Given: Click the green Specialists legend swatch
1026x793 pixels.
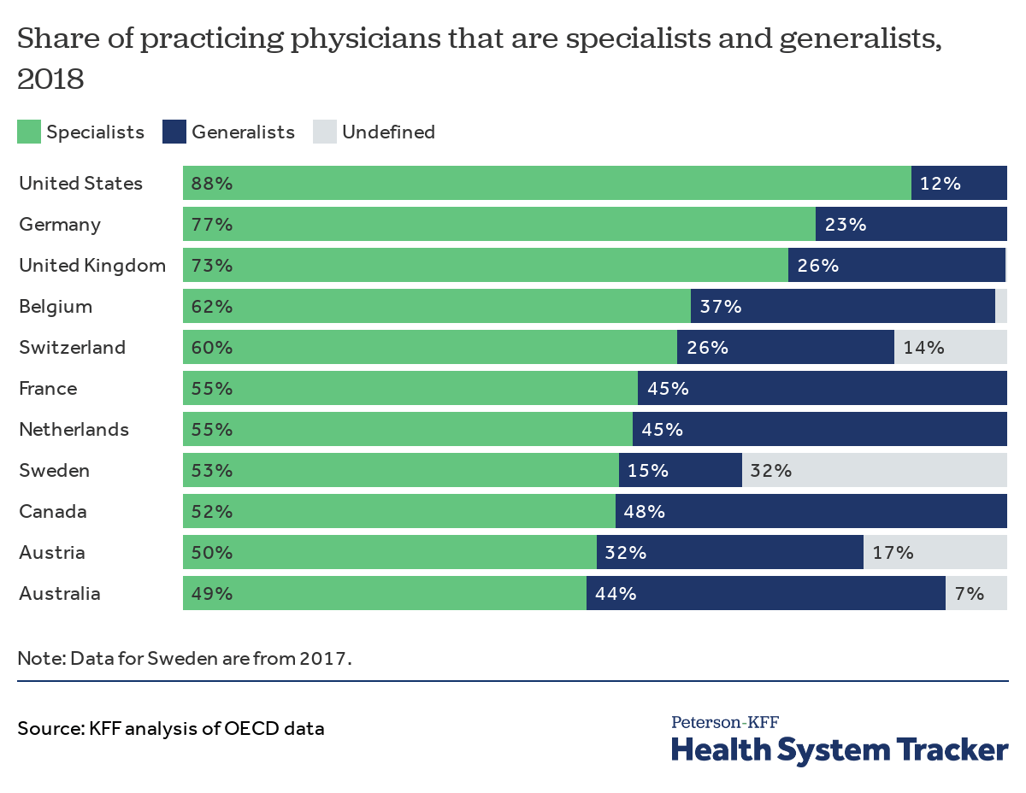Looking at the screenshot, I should point(29,132).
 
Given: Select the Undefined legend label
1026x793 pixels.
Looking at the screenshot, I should point(388,132).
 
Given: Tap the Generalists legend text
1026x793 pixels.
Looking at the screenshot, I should point(243,132).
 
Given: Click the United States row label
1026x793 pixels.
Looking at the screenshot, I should point(80,183).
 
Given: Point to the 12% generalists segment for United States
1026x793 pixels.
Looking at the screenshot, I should point(958,183).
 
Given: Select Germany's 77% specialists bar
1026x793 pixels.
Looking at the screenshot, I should point(498,224).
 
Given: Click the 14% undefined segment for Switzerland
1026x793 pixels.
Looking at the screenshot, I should point(950,347).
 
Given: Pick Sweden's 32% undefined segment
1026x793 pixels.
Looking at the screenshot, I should point(874,470).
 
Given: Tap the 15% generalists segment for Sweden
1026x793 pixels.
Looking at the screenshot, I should point(680,470).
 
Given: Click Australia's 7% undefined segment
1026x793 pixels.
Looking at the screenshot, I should point(976,593).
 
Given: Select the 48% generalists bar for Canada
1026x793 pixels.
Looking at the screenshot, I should point(811,511).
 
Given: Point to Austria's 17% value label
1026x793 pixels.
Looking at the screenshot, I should point(893,552).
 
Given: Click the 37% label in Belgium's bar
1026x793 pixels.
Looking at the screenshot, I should point(721,306).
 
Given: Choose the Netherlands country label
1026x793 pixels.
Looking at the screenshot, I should point(74,429).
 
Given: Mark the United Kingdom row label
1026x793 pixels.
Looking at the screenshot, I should point(92,265).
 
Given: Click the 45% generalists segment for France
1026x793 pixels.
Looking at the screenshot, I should point(822,388).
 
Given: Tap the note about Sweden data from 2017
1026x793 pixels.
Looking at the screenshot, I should point(185,659).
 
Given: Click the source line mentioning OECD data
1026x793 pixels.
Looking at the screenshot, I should point(171,729).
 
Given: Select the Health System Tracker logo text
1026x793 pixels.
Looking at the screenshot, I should point(839,749).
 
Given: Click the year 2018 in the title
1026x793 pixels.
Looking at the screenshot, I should point(50,79).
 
